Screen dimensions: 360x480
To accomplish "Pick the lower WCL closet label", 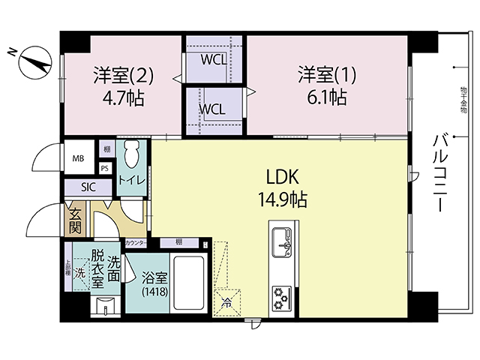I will pos(213,109).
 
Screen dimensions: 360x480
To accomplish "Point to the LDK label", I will pos(283,178).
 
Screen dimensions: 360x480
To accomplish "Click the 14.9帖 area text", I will pos(283,200).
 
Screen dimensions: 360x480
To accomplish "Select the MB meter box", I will pos(78,158).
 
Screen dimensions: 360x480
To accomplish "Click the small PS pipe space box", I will pos(104,169).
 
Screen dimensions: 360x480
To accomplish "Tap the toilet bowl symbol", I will pos(132,156).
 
